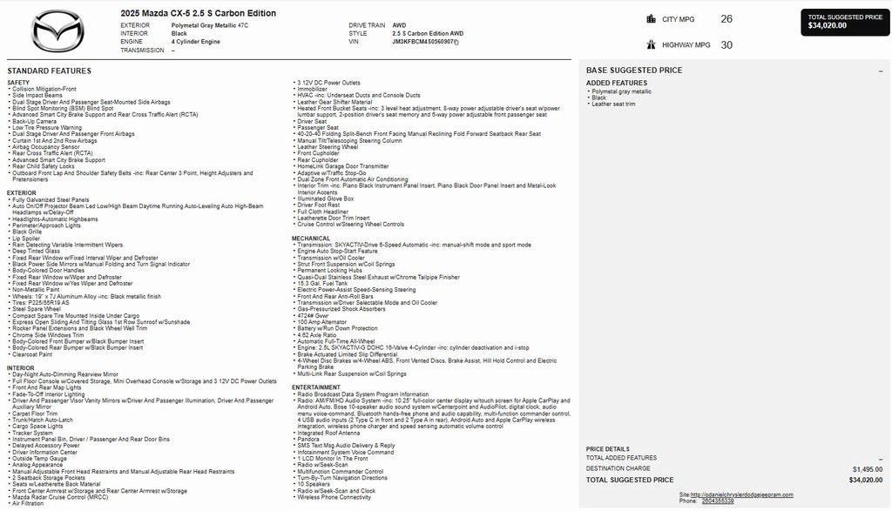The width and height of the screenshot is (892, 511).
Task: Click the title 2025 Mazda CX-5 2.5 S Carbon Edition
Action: pos(198,13)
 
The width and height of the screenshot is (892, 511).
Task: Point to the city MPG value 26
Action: pos(726,18)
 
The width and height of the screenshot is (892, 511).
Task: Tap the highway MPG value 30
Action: pos(726,44)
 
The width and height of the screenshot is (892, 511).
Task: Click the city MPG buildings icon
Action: pos(651,18)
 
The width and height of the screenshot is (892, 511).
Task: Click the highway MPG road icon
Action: pos(651,44)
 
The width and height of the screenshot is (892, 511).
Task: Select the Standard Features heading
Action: pos(49,71)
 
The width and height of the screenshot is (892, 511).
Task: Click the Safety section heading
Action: pos(18,83)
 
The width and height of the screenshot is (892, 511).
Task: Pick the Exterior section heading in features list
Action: pos(22,192)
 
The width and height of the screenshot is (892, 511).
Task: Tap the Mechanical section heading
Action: pos(311,238)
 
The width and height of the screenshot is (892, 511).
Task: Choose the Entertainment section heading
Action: pos(315,387)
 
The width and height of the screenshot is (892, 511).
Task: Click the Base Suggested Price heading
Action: pos(633,70)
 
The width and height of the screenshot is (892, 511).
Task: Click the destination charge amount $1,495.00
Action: pos(867,468)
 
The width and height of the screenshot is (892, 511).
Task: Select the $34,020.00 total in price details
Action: pos(865,480)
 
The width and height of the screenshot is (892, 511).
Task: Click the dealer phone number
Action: pos(718,501)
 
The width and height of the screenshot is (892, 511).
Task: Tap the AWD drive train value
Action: pos(400,25)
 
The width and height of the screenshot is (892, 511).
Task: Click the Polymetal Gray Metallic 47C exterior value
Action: pos(209,25)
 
